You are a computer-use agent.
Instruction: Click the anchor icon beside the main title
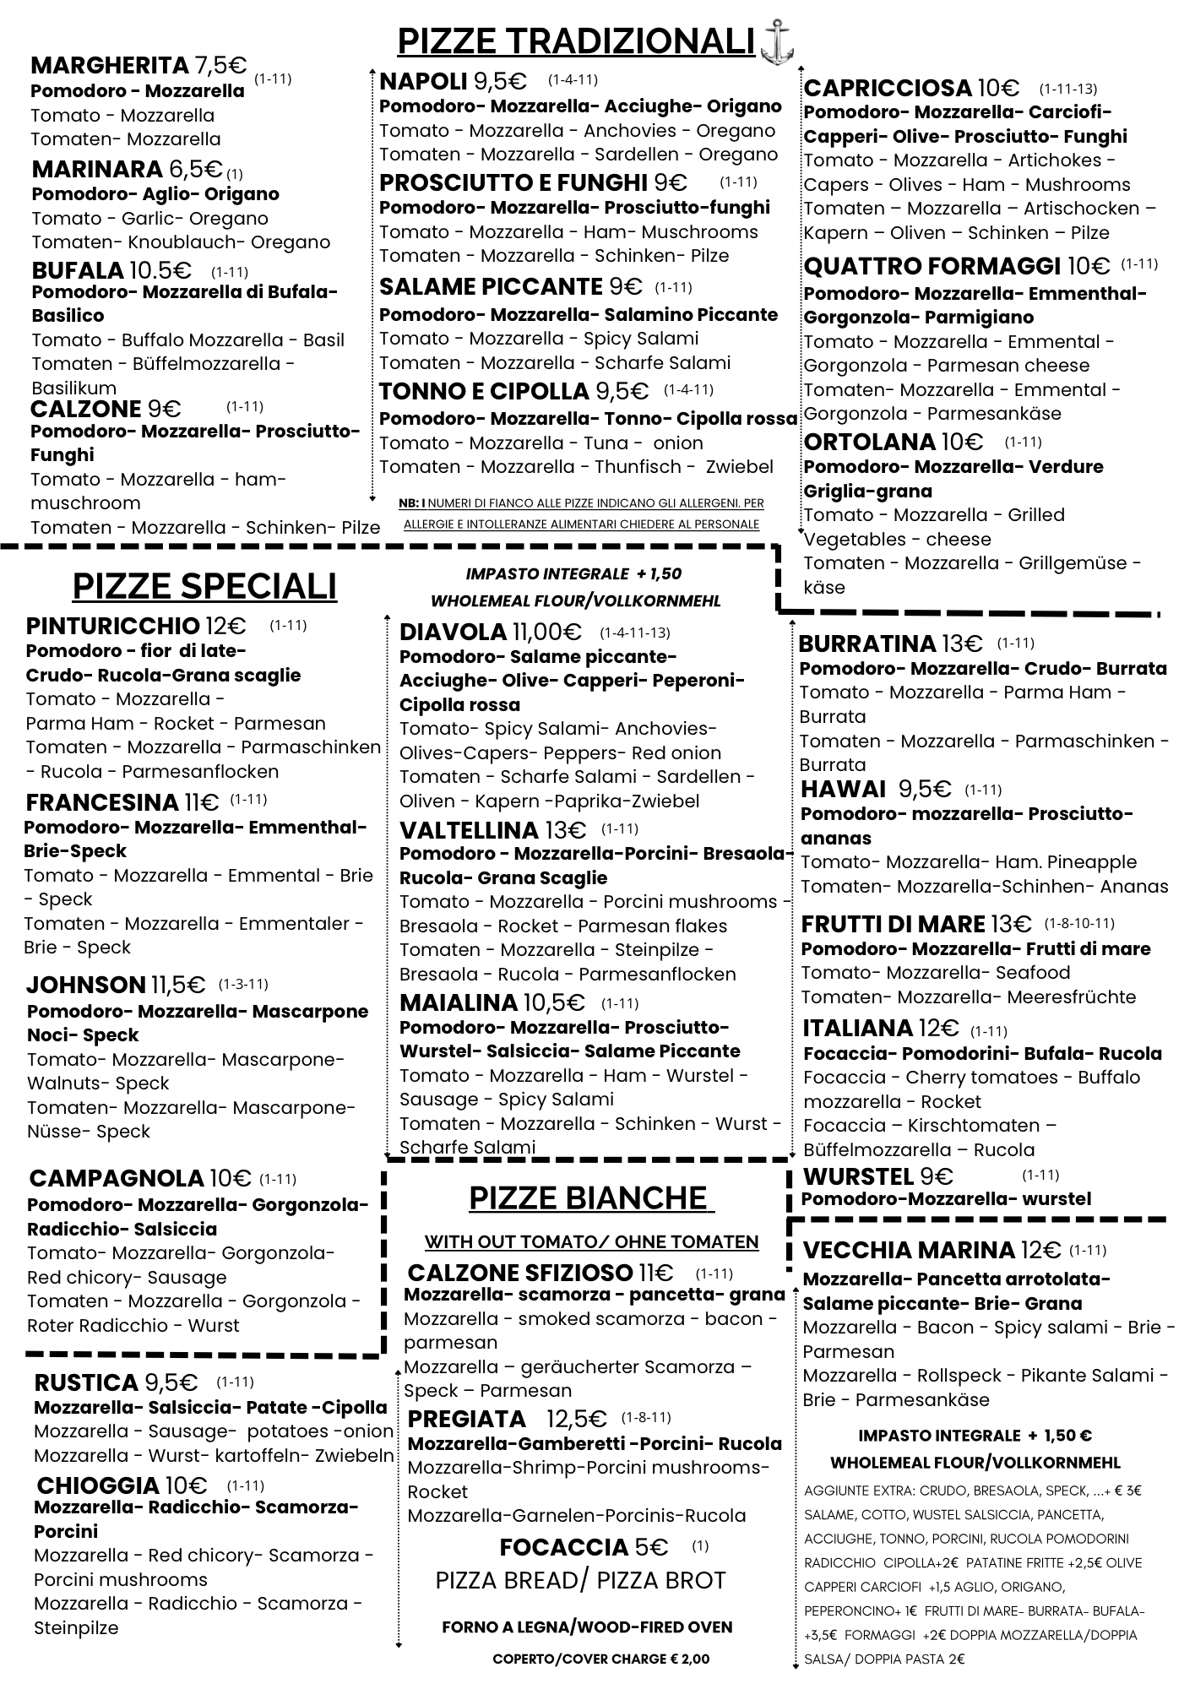click(x=777, y=42)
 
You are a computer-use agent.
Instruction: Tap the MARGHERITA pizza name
click(x=110, y=65)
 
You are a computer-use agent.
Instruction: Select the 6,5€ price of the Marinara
click(x=195, y=169)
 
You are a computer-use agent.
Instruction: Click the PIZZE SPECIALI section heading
click(x=204, y=585)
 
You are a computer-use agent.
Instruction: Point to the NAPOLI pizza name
click(x=423, y=81)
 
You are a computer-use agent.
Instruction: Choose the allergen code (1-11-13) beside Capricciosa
click(x=1067, y=89)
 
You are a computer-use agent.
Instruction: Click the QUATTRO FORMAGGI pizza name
click(x=932, y=267)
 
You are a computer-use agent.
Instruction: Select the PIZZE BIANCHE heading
click(x=588, y=1198)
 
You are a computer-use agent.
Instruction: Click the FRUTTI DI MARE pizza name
click(x=893, y=924)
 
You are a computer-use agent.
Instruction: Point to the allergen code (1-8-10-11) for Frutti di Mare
click(x=1079, y=923)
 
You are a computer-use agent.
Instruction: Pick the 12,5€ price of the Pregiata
click(x=577, y=1418)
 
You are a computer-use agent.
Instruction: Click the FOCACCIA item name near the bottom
click(x=563, y=1547)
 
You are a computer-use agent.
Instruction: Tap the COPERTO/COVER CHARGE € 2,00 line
click(x=601, y=1659)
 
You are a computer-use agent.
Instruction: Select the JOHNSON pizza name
click(x=86, y=985)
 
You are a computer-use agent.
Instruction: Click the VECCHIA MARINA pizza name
click(x=909, y=1250)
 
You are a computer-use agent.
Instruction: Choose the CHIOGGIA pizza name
click(x=98, y=1485)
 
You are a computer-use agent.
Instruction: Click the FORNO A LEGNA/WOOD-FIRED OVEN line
click(x=587, y=1627)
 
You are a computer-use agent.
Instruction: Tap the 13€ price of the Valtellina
click(x=566, y=830)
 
